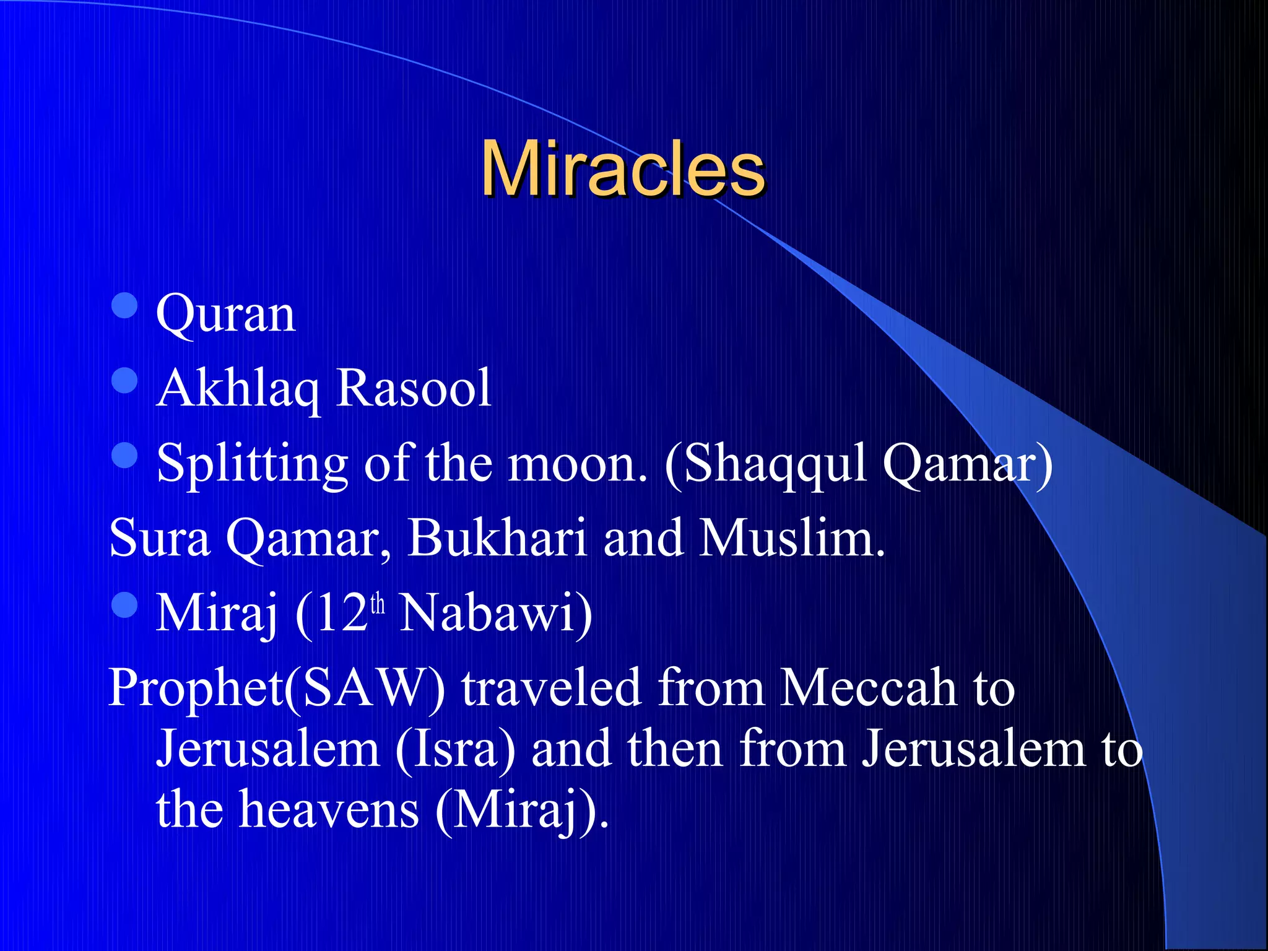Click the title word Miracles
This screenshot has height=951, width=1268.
pos(623,169)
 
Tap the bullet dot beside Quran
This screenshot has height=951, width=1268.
pos(124,305)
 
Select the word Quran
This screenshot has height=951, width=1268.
pos(225,315)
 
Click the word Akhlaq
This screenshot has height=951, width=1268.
pos(238,389)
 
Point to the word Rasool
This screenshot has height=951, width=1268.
pos(414,389)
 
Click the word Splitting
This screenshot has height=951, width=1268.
pos(252,464)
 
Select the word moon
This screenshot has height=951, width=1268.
pos(576,464)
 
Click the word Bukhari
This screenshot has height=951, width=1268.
pos(497,537)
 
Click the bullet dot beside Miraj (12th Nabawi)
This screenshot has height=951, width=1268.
pos(124,605)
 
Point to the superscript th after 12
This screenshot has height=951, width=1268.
pos(378,604)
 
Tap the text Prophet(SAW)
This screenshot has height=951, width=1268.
pos(276,688)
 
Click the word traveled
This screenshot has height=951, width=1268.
pos(550,688)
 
